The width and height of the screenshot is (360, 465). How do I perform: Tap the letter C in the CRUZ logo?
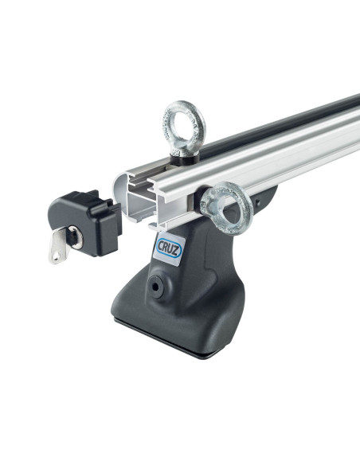(160, 245)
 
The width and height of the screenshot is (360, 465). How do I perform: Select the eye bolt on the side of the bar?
(226, 208)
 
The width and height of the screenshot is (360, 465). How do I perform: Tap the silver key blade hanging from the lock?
(58, 247)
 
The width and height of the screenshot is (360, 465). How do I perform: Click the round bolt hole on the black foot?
(155, 287)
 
